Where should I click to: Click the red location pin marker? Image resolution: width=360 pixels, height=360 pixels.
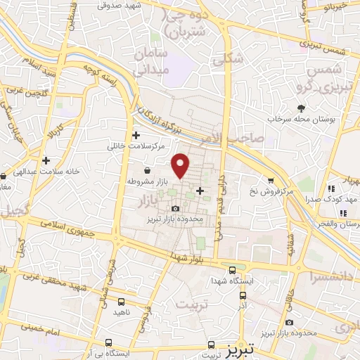181,166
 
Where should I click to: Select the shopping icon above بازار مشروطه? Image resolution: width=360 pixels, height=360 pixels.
146,170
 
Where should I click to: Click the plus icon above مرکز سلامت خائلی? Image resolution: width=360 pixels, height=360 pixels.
136,135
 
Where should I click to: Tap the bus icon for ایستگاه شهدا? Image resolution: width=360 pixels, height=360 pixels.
233,269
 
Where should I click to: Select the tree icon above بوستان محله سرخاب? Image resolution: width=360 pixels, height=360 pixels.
301,108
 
